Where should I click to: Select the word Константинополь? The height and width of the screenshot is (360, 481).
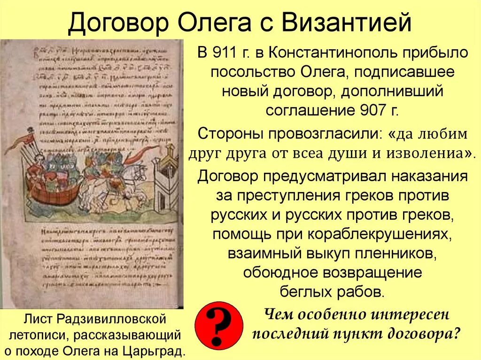[x=331, y=53]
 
